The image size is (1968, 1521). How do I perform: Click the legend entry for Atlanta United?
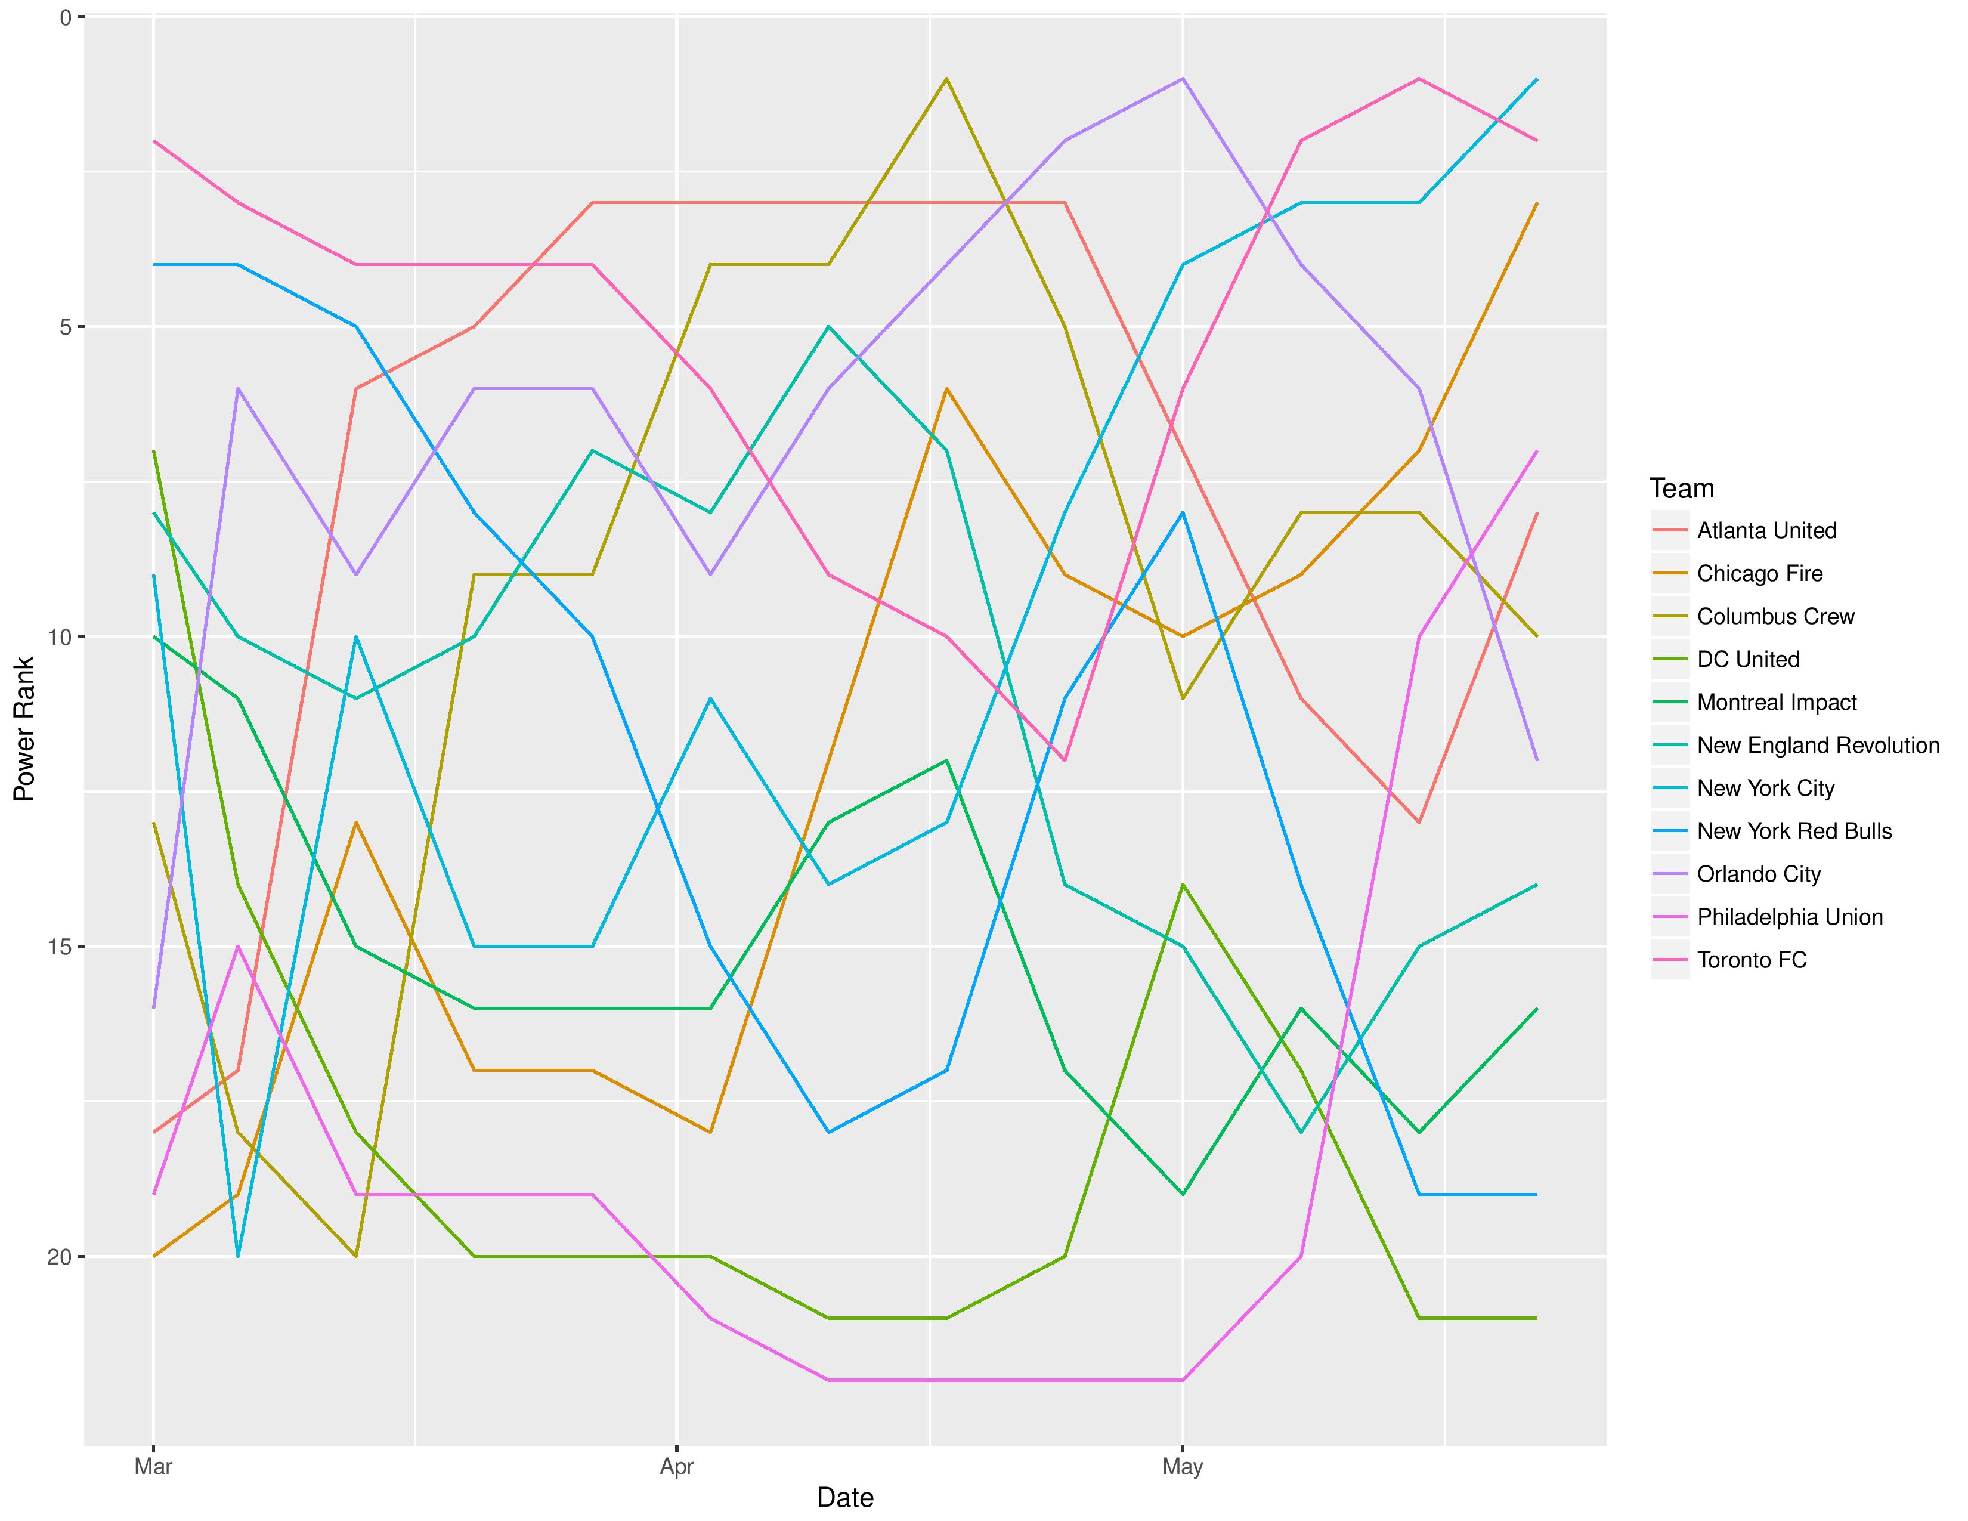(1766, 531)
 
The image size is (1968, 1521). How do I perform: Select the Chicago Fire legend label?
(1759, 574)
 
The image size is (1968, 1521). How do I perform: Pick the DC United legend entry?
(1748, 660)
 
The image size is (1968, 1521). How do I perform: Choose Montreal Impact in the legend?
(1777, 703)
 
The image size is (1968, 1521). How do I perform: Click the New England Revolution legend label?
(1818, 745)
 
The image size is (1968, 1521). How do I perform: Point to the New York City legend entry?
(1765, 789)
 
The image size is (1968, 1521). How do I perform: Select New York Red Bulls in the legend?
(1794, 831)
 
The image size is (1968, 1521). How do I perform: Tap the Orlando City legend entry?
(1759, 874)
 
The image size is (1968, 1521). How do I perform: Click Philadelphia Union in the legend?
(1790, 917)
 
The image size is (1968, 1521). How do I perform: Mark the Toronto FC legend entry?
(1752, 960)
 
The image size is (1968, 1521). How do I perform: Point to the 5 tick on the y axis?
(65, 327)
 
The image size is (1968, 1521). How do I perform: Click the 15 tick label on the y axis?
(60, 947)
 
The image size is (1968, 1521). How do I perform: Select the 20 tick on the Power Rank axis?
(60, 1257)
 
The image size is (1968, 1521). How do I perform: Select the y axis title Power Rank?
(24, 728)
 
